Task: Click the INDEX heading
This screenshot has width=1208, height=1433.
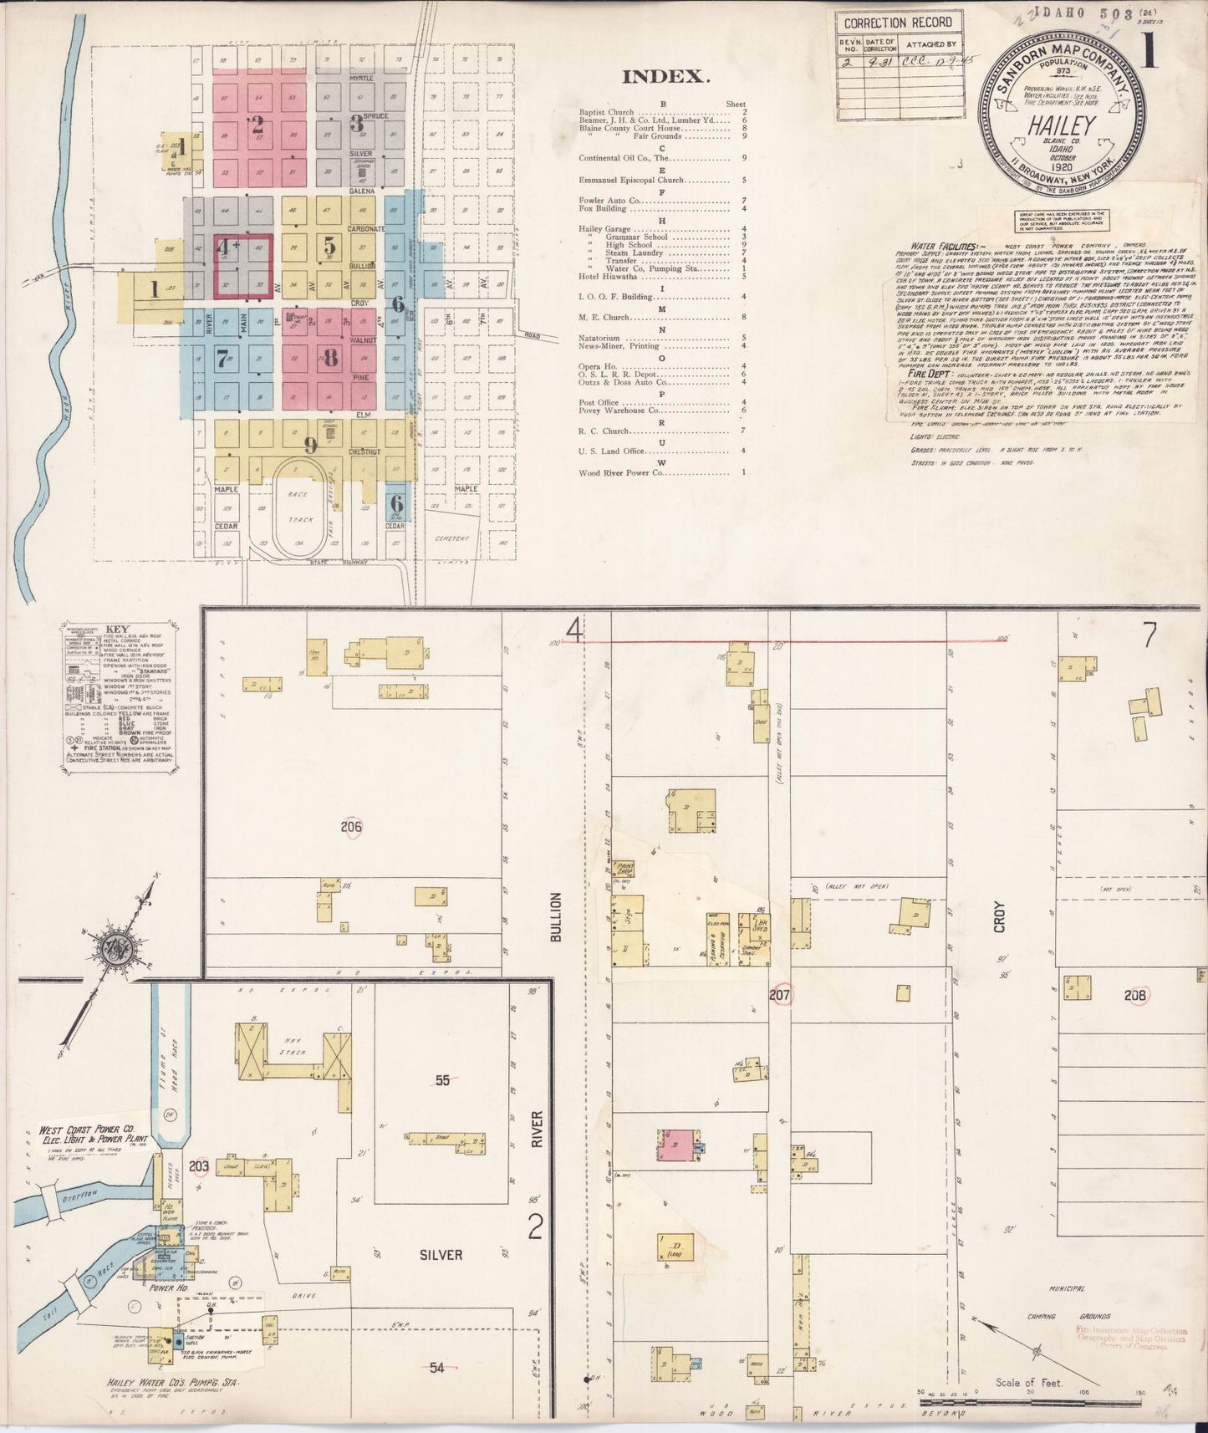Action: coord(665,77)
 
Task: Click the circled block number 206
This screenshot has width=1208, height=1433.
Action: coord(352,828)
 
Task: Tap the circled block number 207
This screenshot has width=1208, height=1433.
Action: coord(780,995)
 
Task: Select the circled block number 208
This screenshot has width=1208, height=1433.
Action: coord(1134,995)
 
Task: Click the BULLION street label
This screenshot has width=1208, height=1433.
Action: coord(554,918)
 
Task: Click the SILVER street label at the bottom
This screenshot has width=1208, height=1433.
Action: coord(442,1255)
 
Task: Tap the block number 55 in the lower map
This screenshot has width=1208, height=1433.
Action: coord(442,1080)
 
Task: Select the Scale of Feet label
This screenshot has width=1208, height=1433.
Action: coord(1028,1383)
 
